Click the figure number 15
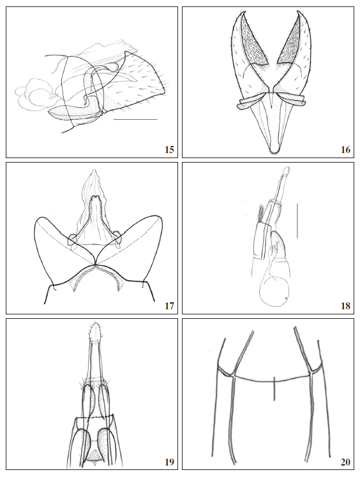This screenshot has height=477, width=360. [x=169, y=150]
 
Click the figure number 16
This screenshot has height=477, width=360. [x=345, y=150]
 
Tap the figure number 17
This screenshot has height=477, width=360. [x=169, y=306]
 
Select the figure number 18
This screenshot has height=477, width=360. [x=345, y=306]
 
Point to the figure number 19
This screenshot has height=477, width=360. [x=169, y=462]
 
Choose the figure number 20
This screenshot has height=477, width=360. [x=345, y=462]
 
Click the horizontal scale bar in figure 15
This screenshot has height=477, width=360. [x=135, y=119]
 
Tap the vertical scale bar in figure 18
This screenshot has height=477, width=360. [x=297, y=220]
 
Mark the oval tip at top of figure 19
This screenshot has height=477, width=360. [x=96, y=332]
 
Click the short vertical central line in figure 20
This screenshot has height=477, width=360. [x=274, y=386]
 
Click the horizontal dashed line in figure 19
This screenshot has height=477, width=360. [x=95, y=417]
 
